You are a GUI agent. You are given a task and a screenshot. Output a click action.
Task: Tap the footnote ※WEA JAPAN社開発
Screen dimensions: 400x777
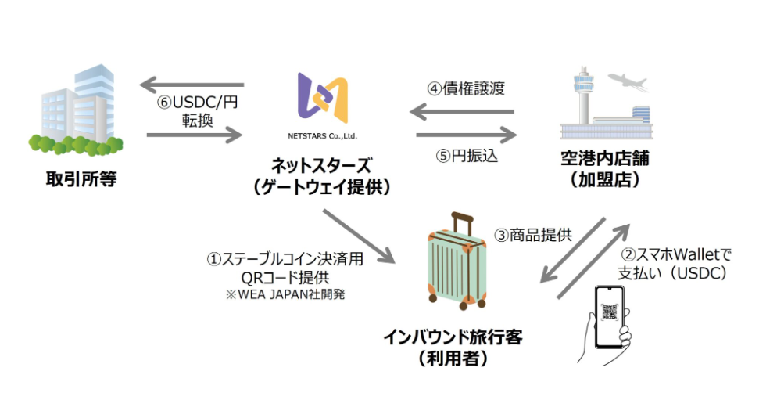click(x=285, y=294)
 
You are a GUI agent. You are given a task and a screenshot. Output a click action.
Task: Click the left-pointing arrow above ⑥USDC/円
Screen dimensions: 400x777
click(x=191, y=85)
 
